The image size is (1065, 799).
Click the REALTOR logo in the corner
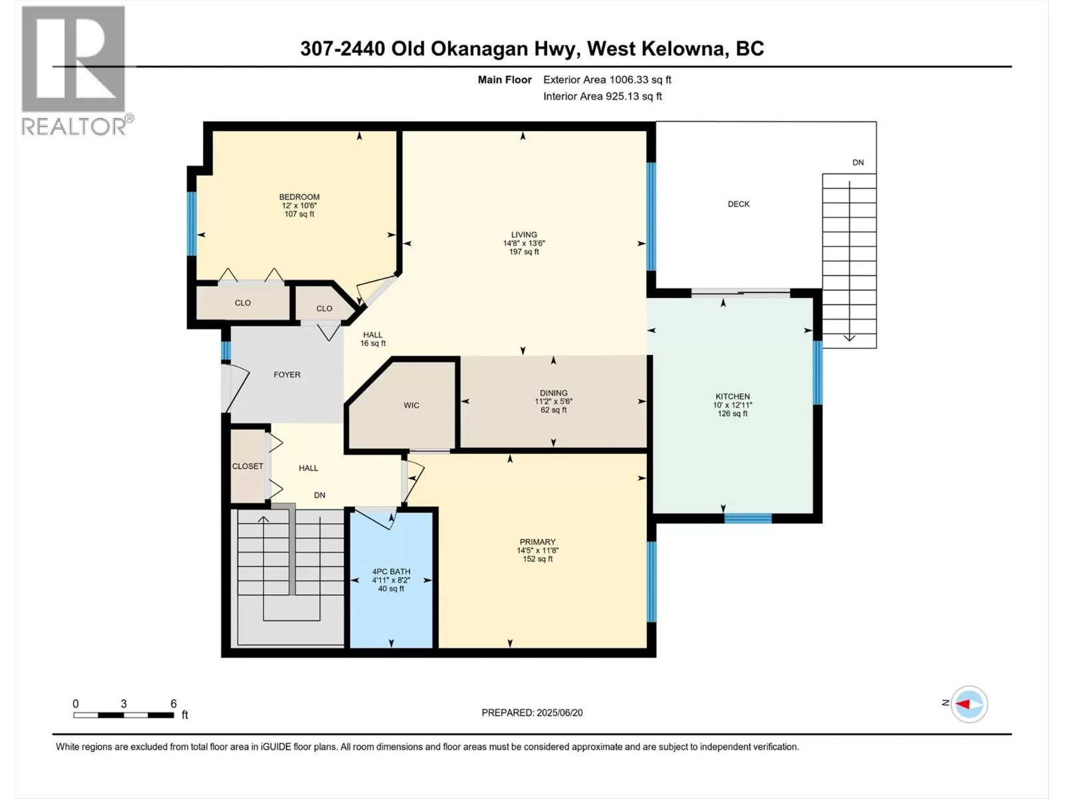pyautogui.click(x=76, y=71)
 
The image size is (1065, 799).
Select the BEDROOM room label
pyautogui.click(x=299, y=197)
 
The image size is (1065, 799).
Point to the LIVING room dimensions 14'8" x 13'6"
pyautogui.click(x=524, y=244)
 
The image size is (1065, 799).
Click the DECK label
pyautogui.click(x=738, y=204)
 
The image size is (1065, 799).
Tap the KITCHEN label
pyautogui.click(x=733, y=396)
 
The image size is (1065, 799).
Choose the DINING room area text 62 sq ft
pyautogui.click(x=554, y=410)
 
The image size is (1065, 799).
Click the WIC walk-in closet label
pyautogui.click(x=411, y=405)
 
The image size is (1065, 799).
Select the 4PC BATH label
pyautogui.click(x=391, y=571)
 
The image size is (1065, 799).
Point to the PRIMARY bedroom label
pyautogui.click(x=537, y=542)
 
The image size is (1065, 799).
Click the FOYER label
pyautogui.click(x=287, y=374)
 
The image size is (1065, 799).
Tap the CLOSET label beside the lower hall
pyautogui.click(x=248, y=466)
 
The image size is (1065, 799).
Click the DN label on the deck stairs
pyautogui.click(x=858, y=162)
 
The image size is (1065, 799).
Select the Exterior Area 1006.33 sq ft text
pyautogui.click(x=607, y=79)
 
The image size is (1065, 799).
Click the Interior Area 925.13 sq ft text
pyautogui.click(x=602, y=96)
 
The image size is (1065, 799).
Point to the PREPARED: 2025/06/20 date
pyautogui.click(x=532, y=712)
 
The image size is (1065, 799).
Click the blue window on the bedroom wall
pyautogui.click(x=192, y=224)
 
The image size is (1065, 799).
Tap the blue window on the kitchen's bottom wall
pyautogui.click(x=747, y=518)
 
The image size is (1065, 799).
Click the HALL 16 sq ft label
pyautogui.click(x=373, y=339)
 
